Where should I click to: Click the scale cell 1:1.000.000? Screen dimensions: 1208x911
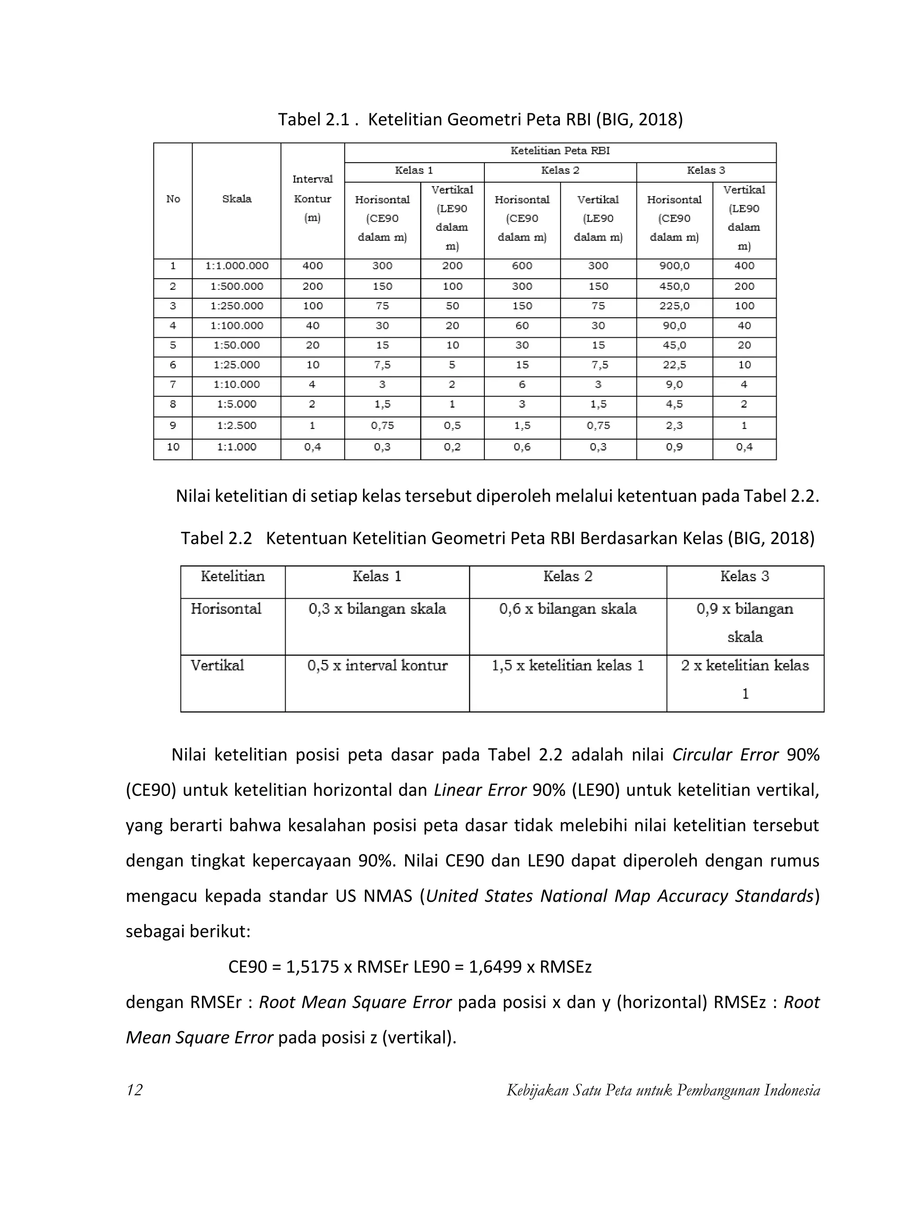tap(237, 266)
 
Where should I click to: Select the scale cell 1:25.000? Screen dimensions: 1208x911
tap(237, 365)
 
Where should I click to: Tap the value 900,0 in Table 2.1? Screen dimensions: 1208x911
tap(674, 266)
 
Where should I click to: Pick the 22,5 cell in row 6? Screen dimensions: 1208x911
tap(674, 365)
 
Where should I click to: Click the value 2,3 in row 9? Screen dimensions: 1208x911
tap(674, 425)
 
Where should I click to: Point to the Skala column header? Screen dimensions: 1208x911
tap(237, 199)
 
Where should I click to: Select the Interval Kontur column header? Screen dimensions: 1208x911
tap(312, 199)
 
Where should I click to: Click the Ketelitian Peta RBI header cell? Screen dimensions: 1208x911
tap(560, 151)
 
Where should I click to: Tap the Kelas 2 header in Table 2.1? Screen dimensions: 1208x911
tap(560, 170)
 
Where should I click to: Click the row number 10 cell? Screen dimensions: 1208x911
tap(173, 447)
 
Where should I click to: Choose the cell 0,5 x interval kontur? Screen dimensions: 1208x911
tap(377, 665)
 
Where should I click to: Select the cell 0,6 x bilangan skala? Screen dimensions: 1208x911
tap(567, 609)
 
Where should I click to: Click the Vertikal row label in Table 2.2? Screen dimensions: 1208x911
tap(217, 665)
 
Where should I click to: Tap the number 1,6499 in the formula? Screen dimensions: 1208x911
tap(495, 967)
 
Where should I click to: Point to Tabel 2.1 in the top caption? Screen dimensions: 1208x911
tap(313, 119)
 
